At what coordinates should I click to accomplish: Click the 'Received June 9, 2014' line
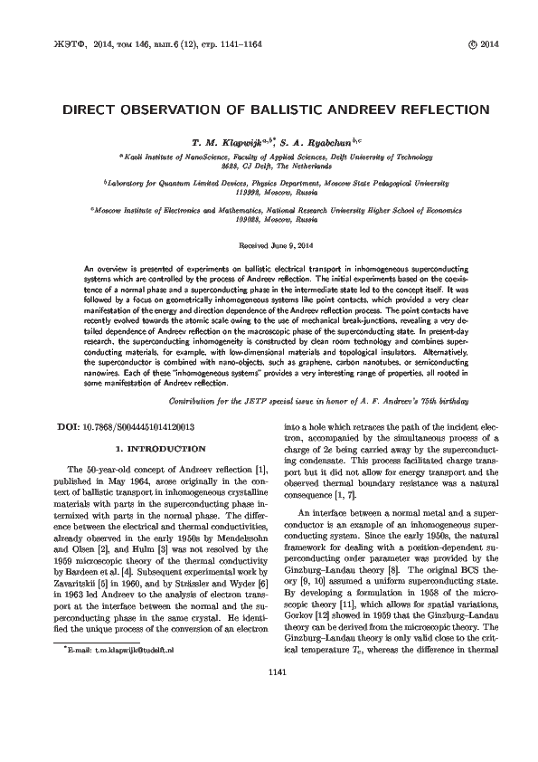[269, 245]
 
